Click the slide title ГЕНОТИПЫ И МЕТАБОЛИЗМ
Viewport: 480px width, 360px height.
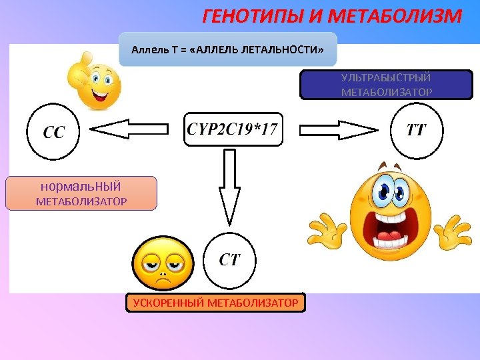[x=331, y=16]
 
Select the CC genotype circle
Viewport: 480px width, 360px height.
[x=53, y=131]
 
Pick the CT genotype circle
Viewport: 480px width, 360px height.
[x=230, y=259]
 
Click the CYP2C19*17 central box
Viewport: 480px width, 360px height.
[x=233, y=129]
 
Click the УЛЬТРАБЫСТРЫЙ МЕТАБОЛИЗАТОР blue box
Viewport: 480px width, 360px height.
[x=386, y=85]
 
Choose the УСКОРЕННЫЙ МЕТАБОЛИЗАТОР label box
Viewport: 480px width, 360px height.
[x=215, y=303]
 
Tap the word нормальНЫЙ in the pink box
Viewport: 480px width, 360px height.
[x=81, y=187]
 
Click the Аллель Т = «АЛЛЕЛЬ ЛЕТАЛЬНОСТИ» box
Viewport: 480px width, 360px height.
[x=228, y=49]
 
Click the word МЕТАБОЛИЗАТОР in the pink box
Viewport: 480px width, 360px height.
[x=81, y=201]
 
